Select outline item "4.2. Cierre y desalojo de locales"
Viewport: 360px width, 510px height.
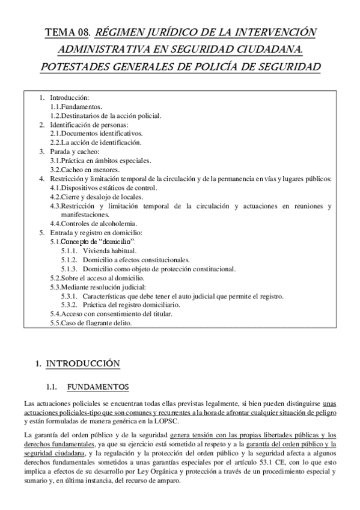tap(100, 197)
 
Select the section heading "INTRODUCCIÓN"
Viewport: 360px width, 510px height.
tap(84, 363)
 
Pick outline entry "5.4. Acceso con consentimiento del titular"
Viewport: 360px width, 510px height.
tap(111, 314)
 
